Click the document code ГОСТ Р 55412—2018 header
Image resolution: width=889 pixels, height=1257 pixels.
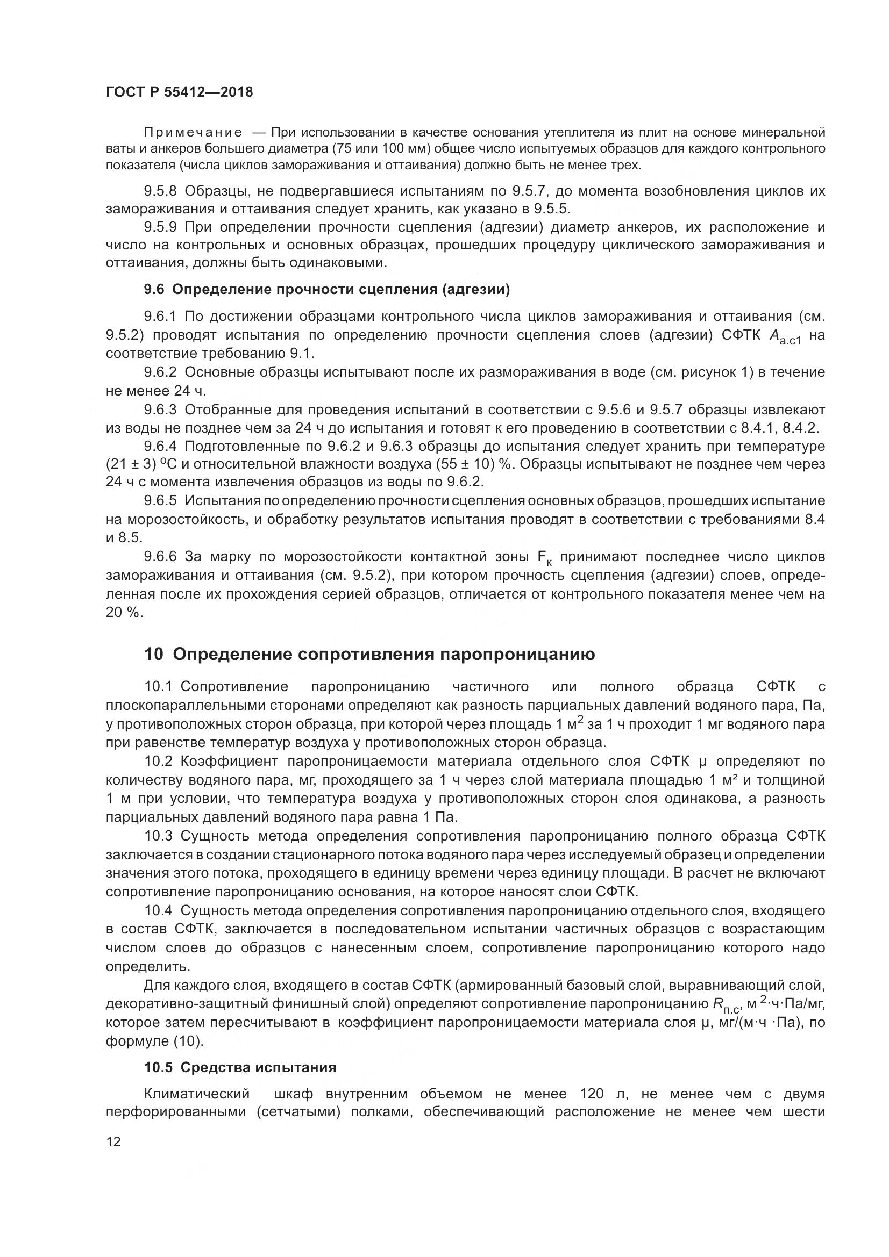pos(179,92)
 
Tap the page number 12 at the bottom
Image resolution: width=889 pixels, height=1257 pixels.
pos(113,1142)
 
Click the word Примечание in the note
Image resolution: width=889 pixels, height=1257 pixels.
pos(193,133)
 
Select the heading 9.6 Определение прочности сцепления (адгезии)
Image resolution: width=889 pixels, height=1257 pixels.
pos(326,290)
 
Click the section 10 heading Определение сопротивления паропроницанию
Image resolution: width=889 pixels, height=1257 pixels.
pos(369,654)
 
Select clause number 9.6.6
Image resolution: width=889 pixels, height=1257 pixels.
pos(160,557)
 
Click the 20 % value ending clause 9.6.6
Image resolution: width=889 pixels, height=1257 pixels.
pos(124,613)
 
